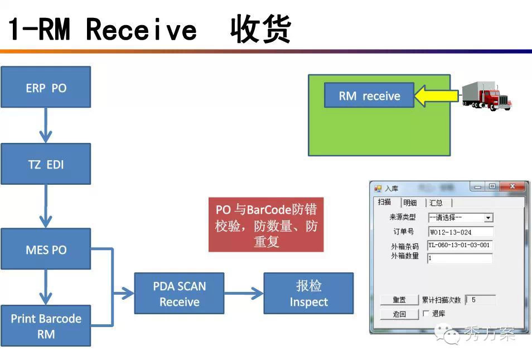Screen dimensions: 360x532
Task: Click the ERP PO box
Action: [x=46, y=87]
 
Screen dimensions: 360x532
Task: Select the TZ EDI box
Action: [x=46, y=164]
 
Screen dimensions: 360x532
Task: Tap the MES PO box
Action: [x=46, y=249]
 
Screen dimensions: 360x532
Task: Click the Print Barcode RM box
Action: [x=46, y=326]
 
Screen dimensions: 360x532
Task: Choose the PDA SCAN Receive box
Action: [x=179, y=294]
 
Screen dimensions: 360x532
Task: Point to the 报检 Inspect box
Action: [x=308, y=294]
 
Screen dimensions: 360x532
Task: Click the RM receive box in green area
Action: [x=369, y=95]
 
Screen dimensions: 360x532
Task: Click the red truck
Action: [x=486, y=95]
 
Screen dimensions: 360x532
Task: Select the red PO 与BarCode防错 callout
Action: [x=266, y=225]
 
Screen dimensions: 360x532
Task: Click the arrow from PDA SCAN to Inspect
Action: [x=244, y=294]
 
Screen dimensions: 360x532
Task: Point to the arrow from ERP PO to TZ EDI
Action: [x=46, y=125]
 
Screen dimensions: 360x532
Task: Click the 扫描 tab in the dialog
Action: [x=384, y=203]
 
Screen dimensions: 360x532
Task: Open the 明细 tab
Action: [x=410, y=203]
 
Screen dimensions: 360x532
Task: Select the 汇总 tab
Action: [x=436, y=203]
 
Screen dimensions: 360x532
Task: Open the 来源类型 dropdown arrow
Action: [x=489, y=218]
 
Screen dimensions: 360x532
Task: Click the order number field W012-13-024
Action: [x=461, y=232]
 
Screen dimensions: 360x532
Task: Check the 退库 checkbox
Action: [x=426, y=314]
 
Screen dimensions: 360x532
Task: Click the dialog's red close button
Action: [x=512, y=187]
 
